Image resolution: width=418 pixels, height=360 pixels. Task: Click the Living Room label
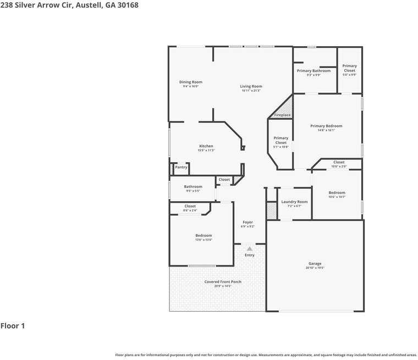251,86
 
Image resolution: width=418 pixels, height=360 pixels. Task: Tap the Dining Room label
191,82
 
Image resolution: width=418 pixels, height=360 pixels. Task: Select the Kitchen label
206,146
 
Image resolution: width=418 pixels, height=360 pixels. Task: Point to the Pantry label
181,167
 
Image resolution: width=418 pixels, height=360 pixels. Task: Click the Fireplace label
282,115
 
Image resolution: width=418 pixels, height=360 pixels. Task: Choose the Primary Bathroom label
313,70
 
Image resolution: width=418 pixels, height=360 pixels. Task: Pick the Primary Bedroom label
326,126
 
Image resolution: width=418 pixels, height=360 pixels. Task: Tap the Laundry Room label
294,202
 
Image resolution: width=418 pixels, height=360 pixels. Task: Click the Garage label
315,264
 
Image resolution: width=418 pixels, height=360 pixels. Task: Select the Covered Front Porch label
223,282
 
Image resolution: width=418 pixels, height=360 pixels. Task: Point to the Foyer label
248,222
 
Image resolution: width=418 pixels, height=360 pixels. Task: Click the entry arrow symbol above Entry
249,249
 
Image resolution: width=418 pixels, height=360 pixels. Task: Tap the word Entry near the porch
250,255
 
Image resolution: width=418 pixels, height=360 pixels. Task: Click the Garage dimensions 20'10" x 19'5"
315,268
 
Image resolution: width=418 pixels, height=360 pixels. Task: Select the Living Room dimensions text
251,91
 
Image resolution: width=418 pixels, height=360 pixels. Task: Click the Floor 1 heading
13,326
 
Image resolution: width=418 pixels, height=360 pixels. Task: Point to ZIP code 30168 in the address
127,5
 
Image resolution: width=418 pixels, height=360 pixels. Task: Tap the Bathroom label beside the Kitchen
193,187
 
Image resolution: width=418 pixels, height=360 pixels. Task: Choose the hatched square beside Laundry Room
271,211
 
